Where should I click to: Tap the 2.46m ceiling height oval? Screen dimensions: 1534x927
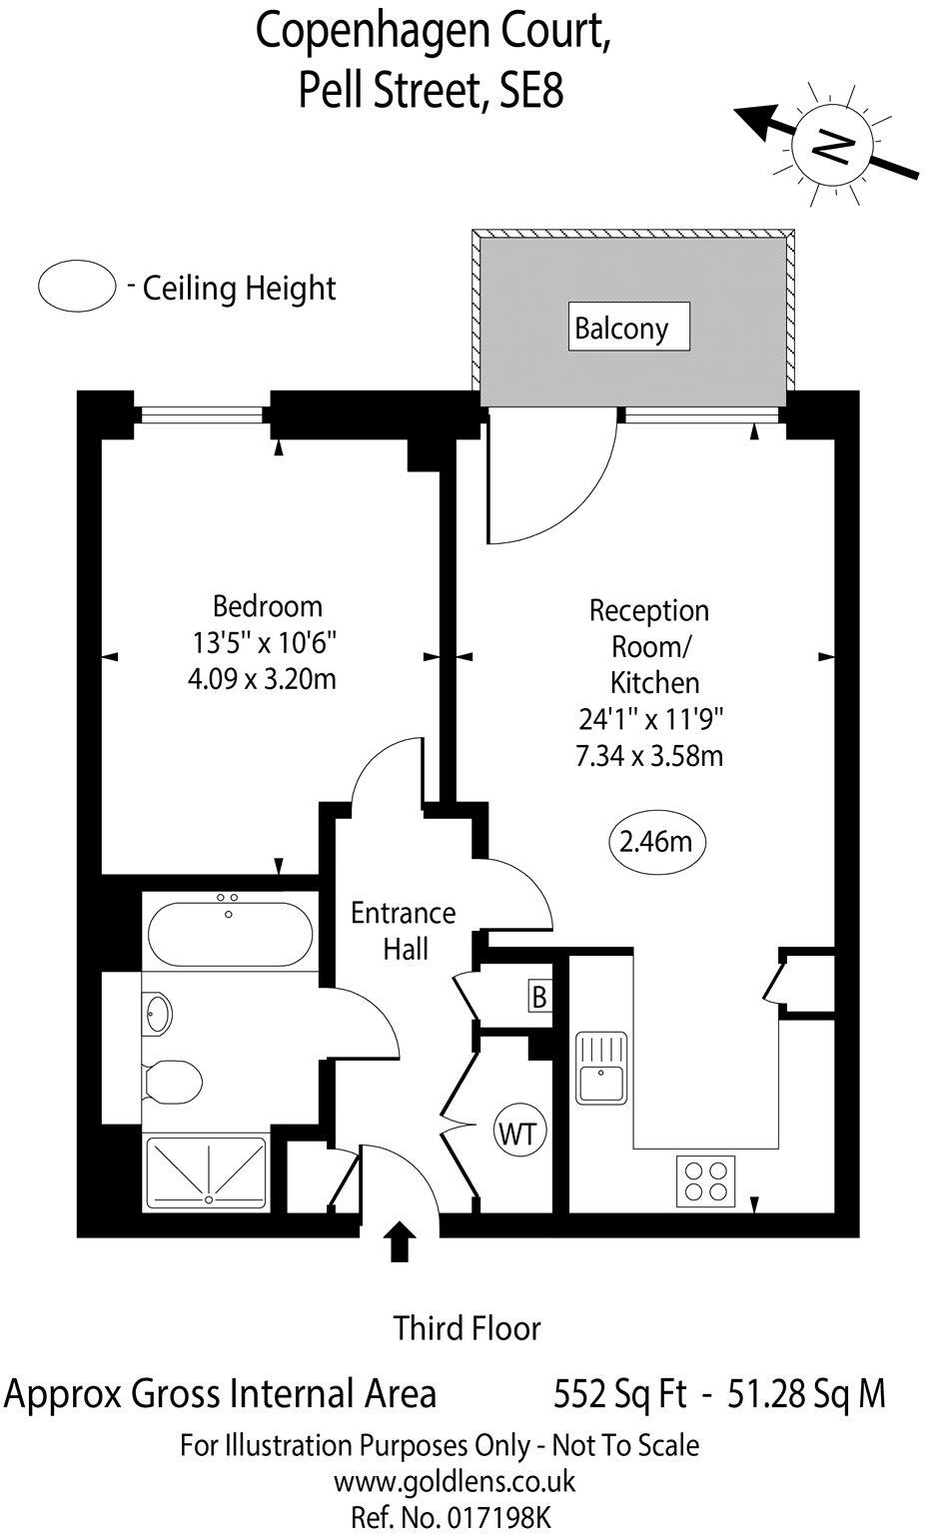(655, 842)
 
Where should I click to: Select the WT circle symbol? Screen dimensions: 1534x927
(518, 1134)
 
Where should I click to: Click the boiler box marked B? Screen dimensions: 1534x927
(539, 997)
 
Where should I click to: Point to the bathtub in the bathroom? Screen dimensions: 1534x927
(230, 932)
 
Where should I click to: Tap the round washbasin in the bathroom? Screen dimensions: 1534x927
(158, 1015)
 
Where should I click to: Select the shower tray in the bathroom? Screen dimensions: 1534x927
(208, 1170)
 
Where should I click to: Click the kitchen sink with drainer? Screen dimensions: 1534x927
(600, 1068)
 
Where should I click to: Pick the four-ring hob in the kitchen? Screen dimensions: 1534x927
(706, 1180)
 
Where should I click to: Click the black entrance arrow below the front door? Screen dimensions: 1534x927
(401, 1242)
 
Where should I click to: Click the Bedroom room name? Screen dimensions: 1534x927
(268, 606)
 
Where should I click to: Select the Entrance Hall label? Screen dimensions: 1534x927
(404, 930)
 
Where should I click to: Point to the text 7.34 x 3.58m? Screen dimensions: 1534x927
(649, 756)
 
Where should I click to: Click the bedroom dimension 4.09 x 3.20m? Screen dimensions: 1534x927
(262, 679)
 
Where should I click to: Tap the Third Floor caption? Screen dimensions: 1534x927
(466, 1328)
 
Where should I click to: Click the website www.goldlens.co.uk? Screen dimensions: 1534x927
(455, 1481)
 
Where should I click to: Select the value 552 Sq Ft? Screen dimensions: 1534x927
(619, 1394)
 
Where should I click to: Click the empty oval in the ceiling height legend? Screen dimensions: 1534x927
(78, 286)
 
